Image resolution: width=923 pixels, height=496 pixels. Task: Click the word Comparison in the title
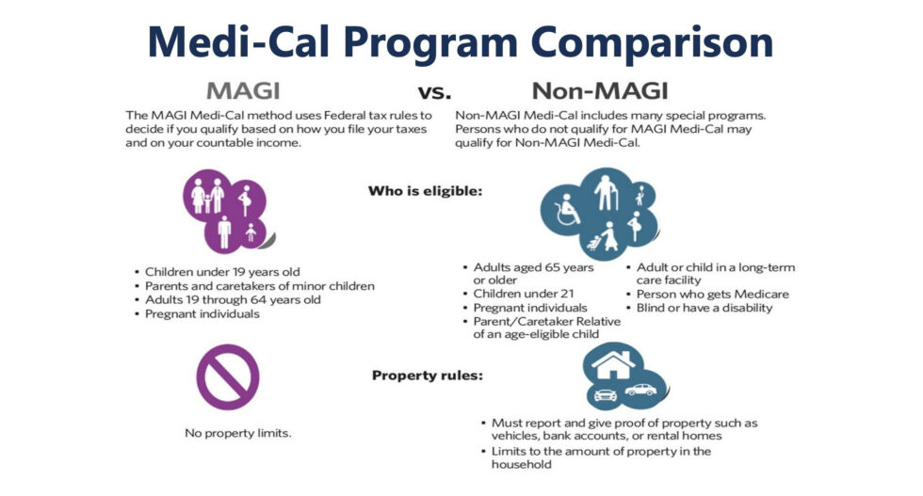pyautogui.click(x=652, y=43)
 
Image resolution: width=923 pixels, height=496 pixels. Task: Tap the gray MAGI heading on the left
pyautogui.click(x=243, y=91)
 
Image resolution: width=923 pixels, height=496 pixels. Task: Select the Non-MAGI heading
pyautogui.click(x=600, y=91)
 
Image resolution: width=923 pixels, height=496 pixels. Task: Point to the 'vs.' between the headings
pyautogui.click(x=434, y=92)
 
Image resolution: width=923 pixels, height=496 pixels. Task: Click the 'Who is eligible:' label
pyautogui.click(x=425, y=191)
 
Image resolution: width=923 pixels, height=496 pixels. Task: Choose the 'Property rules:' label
pyautogui.click(x=428, y=376)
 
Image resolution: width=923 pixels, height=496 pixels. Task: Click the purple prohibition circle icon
pyautogui.click(x=228, y=377)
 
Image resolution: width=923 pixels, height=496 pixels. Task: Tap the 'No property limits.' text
pyautogui.click(x=237, y=433)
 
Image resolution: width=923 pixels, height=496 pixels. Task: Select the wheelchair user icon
pyautogui.click(x=567, y=210)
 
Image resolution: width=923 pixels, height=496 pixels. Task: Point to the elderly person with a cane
pyautogui.click(x=606, y=192)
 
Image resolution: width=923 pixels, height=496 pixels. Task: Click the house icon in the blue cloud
pyautogui.click(x=613, y=365)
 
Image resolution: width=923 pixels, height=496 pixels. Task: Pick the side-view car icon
pyautogui.click(x=640, y=390)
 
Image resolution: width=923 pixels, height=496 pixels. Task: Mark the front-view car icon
pyautogui.click(x=605, y=394)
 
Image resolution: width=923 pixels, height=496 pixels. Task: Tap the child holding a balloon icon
pyautogui.click(x=640, y=196)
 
